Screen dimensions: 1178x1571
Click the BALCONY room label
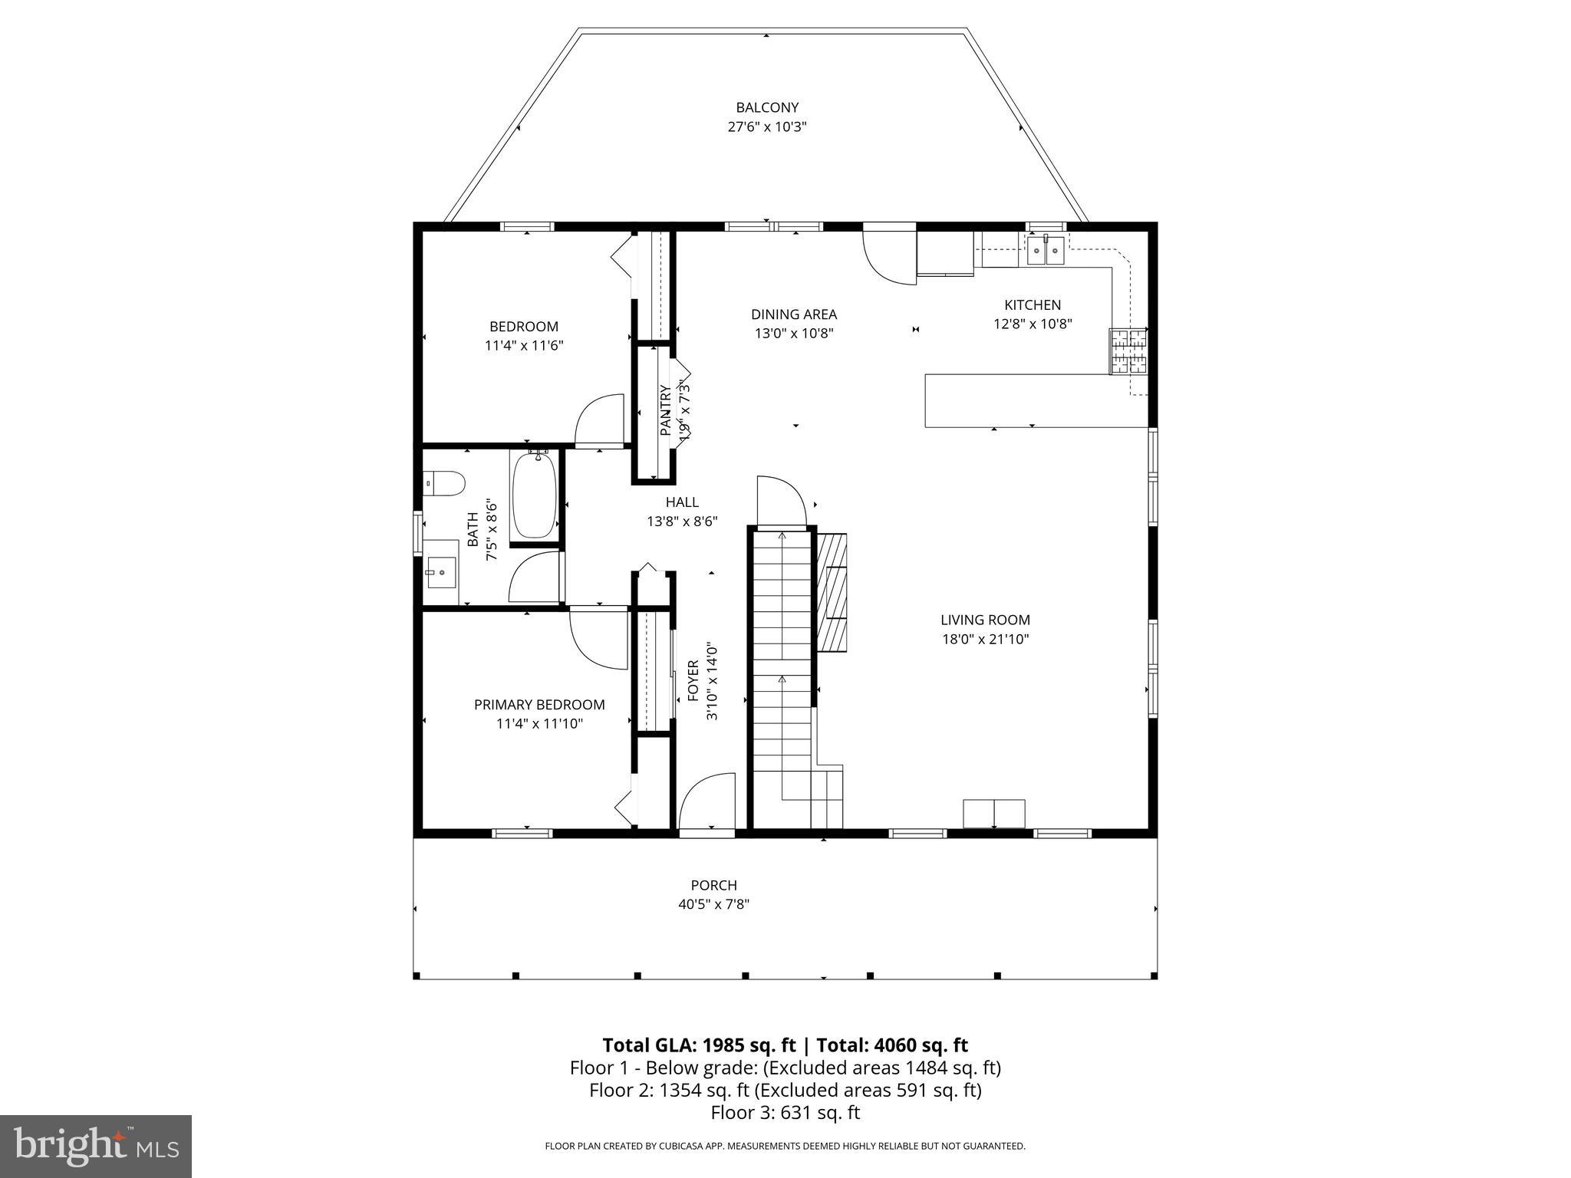click(x=767, y=108)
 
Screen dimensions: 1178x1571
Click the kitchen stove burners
click(x=1128, y=351)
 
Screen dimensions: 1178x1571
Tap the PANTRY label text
click(x=666, y=411)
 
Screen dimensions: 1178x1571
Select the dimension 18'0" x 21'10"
click(x=985, y=639)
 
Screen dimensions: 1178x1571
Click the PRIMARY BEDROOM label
click(x=539, y=705)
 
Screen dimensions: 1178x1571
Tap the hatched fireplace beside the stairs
click(x=832, y=592)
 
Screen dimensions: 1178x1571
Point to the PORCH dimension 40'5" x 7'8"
click(x=713, y=904)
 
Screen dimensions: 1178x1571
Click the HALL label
click(x=682, y=502)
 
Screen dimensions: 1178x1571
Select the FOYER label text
click(x=693, y=681)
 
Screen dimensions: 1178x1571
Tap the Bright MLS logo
click(x=96, y=1146)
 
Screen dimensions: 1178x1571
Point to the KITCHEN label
click(x=1033, y=305)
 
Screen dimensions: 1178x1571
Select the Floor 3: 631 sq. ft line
click(x=785, y=1113)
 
